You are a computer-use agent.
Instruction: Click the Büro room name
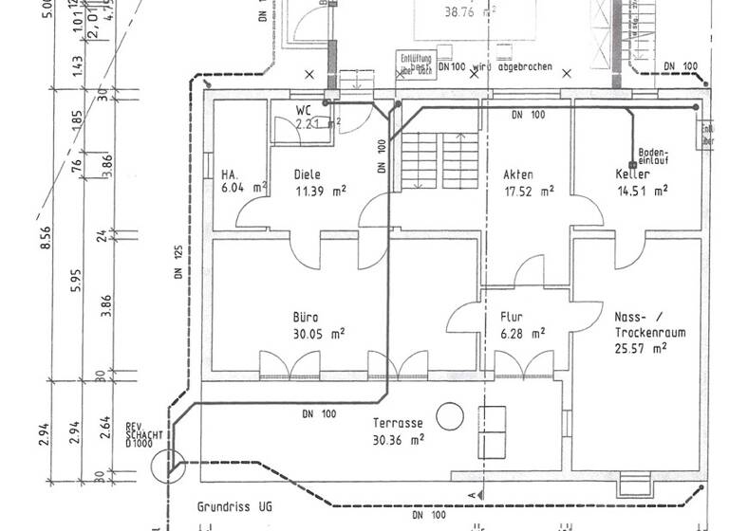pos(306,318)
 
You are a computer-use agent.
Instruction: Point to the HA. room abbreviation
pos(229,175)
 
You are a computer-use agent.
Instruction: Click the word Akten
pos(518,175)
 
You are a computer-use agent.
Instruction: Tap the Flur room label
pos(512,318)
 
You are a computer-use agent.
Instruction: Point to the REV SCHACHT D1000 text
pos(142,434)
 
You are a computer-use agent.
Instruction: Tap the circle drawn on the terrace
pos(449,415)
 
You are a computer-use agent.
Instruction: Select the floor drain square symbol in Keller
pos(631,162)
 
